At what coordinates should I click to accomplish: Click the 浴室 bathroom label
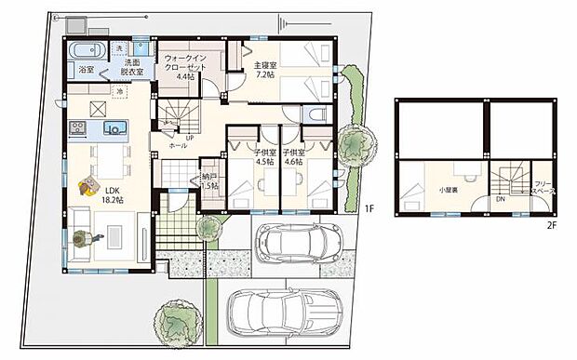coord(87,70)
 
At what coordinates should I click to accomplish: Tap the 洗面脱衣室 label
coord(127,68)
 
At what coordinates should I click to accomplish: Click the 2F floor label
coord(551,224)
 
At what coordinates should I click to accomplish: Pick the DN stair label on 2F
coord(499,198)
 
